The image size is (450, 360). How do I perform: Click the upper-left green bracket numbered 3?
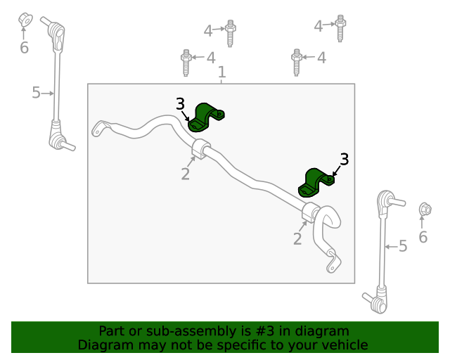(205, 118)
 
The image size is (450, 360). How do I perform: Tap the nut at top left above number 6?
(25, 20)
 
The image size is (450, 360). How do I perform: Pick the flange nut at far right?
(425, 209)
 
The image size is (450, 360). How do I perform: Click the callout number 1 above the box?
(222, 72)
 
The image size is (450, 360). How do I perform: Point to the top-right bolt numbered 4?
(340, 28)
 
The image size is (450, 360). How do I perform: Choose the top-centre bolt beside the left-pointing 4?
(230, 33)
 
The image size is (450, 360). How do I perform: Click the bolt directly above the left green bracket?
(186, 63)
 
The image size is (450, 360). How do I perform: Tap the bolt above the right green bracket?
(297, 63)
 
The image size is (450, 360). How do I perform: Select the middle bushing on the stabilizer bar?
(200, 148)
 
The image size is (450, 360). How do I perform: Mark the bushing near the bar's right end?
(310, 212)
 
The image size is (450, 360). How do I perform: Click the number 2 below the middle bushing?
(186, 174)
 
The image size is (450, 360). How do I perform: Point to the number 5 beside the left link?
(36, 93)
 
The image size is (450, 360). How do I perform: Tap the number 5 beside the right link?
(403, 246)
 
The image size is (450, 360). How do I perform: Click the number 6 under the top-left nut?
(24, 47)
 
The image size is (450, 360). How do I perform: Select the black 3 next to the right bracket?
(345, 160)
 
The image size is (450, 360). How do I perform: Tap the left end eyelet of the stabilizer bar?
(98, 129)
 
